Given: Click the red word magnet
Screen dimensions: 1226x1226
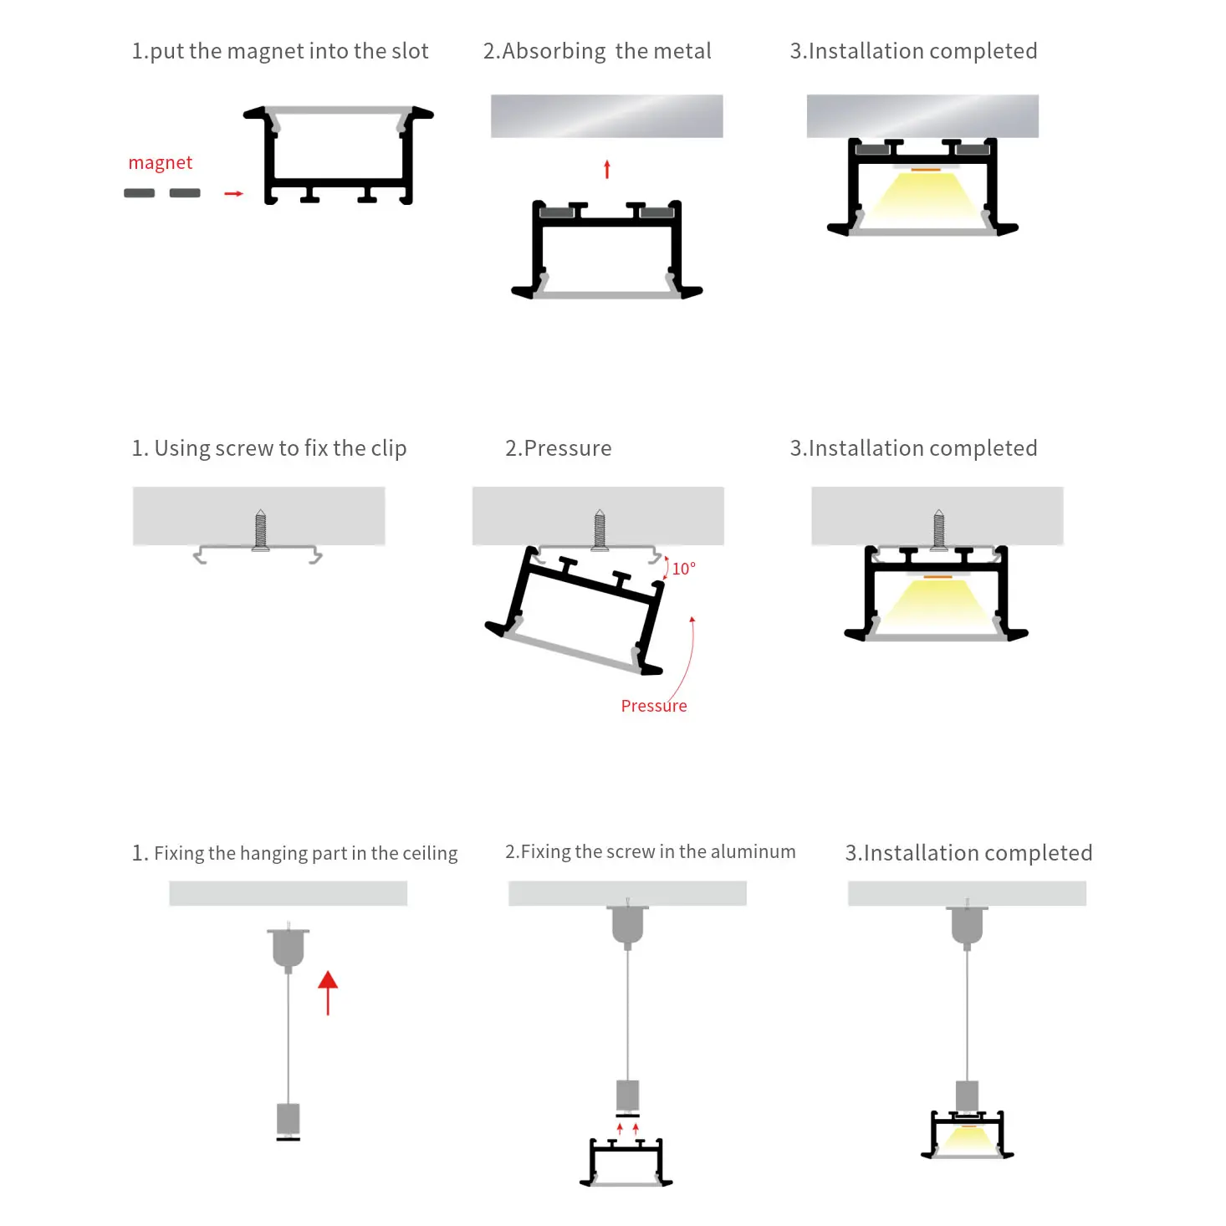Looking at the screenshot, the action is click(x=160, y=163).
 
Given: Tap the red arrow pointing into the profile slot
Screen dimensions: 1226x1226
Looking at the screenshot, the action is click(x=233, y=193).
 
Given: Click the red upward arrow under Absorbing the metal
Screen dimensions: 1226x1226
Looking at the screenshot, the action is click(x=607, y=169).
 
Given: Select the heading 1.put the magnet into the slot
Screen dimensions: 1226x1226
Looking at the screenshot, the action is click(x=280, y=51).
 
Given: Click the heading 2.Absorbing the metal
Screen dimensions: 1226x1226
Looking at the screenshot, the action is click(x=597, y=51).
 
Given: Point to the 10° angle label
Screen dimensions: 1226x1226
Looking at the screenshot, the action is click(x=683, y=568).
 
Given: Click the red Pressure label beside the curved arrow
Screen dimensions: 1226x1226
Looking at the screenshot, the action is click(x=653, y=706).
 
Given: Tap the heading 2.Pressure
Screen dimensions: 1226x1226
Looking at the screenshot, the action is click(x=558, y=448).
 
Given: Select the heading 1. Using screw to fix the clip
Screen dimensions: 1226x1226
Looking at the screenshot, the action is click(x=268, y=448).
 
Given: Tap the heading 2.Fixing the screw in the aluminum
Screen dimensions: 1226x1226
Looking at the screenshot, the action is click(x=651, y=851).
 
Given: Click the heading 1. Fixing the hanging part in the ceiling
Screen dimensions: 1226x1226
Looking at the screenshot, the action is click(x=294, y=852).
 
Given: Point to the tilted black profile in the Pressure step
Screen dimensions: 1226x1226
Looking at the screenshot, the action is click(x=575, y=610).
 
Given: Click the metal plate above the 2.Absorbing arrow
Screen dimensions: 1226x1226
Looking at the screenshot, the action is click(x=606, y=116).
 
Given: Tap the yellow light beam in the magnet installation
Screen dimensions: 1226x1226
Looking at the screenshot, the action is click(x=922, y=194).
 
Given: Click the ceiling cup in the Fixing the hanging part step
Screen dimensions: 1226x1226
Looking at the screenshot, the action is click(x=289, y=949).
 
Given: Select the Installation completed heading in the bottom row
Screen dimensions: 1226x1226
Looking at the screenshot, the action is click(x=968, y=852).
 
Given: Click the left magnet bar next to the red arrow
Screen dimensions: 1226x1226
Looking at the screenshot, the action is click(x=140, y=193).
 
